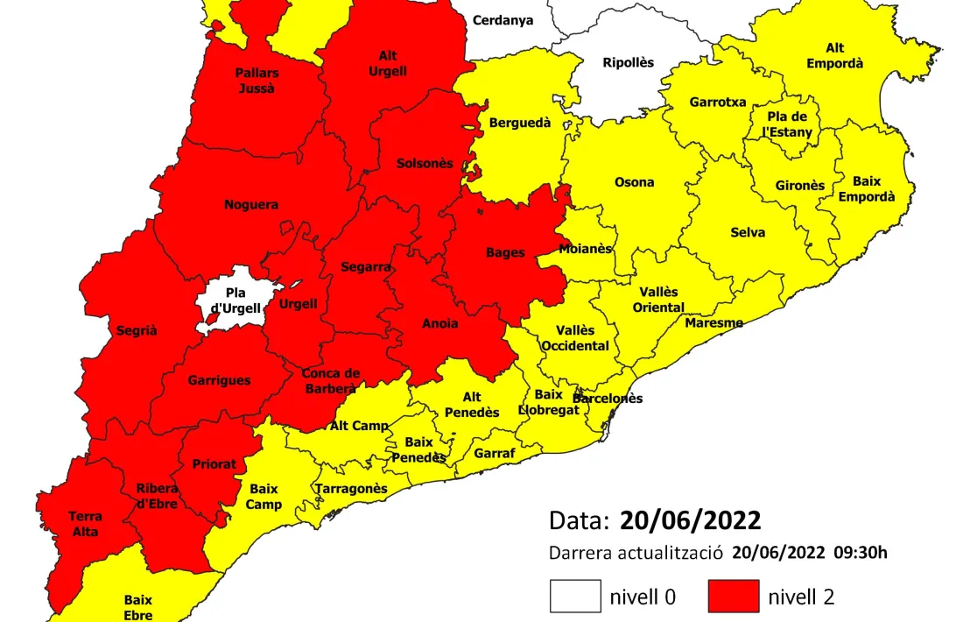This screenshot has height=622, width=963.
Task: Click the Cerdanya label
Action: point(503,20)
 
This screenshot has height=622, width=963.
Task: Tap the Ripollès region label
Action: point(628,62)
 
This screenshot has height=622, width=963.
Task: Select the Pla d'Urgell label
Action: point(233,300)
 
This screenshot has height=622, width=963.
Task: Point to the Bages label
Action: point(505,252)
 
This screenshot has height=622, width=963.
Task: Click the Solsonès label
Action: point(425,164)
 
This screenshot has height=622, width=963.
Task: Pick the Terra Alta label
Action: point(85,524)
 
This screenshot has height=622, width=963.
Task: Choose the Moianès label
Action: point(585,248)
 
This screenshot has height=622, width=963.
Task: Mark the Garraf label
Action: point(495,454)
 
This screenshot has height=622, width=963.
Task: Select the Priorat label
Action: point(214,464)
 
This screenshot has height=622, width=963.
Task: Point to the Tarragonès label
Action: point(351,489)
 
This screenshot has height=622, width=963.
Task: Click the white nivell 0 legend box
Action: point(575,596)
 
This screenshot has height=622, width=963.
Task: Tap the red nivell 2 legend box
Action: point(734,596)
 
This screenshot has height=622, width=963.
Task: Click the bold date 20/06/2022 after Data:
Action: point(690,520)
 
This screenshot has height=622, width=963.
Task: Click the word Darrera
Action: point(580,553)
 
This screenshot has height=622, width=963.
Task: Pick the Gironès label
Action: point(799,186)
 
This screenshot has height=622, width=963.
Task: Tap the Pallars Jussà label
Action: point(256,81)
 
